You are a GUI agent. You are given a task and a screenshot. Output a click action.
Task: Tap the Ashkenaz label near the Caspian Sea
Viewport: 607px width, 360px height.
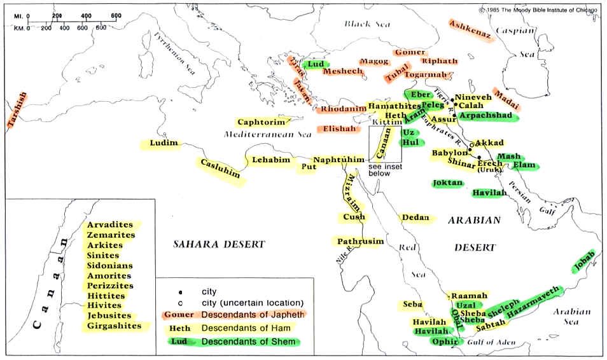click(471, 31)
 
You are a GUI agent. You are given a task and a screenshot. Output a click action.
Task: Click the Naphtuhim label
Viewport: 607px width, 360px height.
click(338, 161)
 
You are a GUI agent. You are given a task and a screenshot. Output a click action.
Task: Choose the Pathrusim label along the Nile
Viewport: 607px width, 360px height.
click(360, 242)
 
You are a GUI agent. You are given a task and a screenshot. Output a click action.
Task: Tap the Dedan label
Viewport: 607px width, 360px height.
click(417, 218)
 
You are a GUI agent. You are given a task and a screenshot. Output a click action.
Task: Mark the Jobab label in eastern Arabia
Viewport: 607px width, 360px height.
click(583, 261)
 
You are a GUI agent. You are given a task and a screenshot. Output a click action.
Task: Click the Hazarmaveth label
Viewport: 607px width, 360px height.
click(534, 301)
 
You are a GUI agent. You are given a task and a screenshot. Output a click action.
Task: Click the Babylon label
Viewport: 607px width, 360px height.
click(450, 153)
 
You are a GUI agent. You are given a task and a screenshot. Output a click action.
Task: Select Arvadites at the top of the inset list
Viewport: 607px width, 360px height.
click(110, 225)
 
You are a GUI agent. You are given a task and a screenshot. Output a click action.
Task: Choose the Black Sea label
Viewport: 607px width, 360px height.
click(366, 24)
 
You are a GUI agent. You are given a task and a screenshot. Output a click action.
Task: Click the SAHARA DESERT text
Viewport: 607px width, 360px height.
click(220, 244)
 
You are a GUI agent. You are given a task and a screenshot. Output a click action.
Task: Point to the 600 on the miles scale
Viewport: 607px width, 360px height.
click(116, 15)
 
